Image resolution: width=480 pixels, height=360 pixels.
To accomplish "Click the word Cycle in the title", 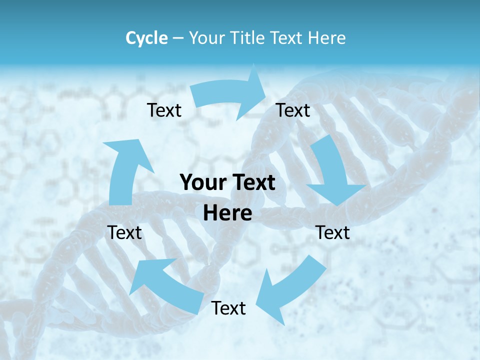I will (146, 38).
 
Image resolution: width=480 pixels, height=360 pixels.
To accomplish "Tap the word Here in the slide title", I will (325, 38).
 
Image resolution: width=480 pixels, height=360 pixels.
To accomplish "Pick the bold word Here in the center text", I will (227, 213).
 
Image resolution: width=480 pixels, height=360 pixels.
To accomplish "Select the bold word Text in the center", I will (253, 183).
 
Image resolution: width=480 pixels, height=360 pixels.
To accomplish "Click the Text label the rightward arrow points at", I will (293, 110).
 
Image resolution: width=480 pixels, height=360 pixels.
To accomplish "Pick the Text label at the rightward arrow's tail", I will (164, 110).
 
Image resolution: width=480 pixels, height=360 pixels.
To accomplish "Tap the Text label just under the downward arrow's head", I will (333, 232).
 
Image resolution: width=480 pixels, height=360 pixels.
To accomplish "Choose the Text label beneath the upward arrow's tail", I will (125, 232).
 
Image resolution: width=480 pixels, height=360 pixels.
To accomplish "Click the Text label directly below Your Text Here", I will (228, 308).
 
